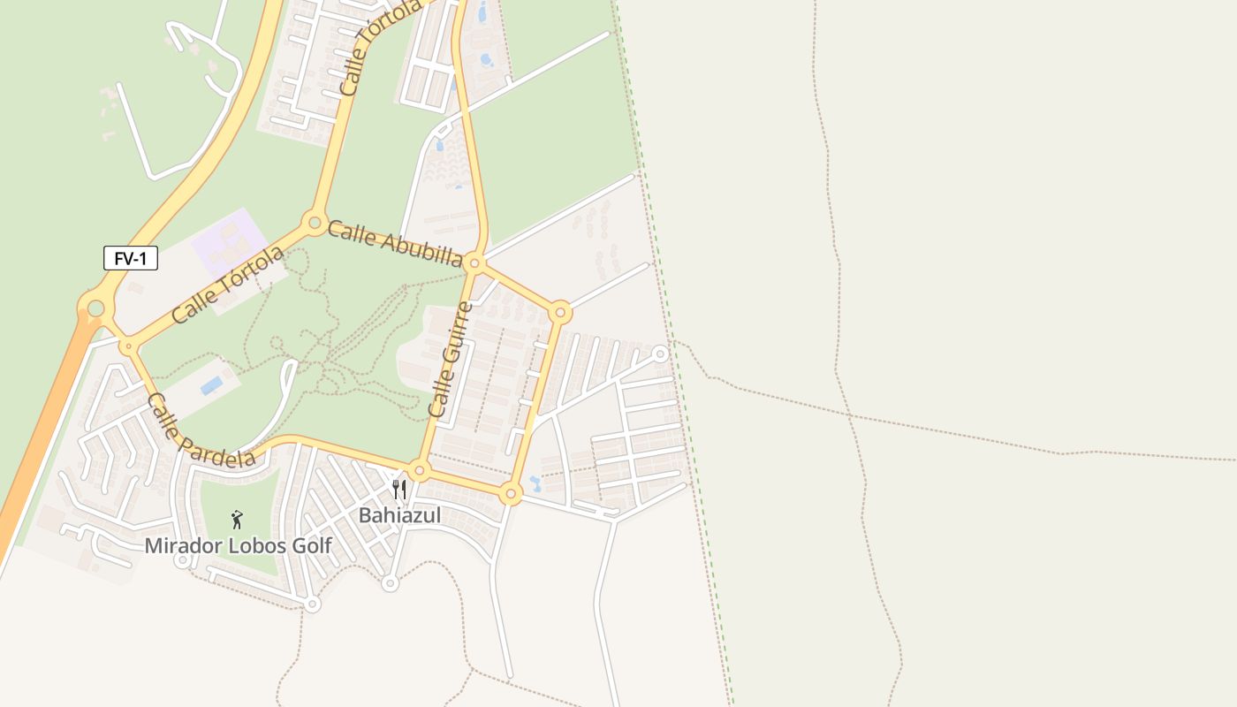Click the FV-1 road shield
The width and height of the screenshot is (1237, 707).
point(131,259)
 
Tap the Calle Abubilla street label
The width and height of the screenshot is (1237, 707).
point(395,243)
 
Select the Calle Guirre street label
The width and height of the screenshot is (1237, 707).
point(450,360)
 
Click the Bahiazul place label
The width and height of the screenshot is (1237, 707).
point(399,515)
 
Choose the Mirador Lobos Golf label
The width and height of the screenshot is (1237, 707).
point(238,546)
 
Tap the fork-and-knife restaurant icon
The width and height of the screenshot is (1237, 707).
point(399,489)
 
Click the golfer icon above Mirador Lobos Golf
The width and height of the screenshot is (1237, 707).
point(236,520)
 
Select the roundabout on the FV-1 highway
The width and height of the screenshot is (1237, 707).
point(95,308)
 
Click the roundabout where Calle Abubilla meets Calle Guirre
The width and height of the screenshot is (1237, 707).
point(474,262)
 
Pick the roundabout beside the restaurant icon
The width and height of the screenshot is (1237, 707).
point(419,470)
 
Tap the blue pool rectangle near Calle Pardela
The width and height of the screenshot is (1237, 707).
point(211,385)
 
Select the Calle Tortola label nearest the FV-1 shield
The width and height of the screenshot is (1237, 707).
point(228,285)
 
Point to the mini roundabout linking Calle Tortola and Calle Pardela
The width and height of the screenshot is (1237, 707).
point(129,346)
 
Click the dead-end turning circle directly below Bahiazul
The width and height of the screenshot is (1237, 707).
point(390,583)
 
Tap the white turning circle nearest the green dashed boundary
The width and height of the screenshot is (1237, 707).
point(659,353)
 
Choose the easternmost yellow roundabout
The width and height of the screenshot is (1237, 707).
point(559,311)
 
